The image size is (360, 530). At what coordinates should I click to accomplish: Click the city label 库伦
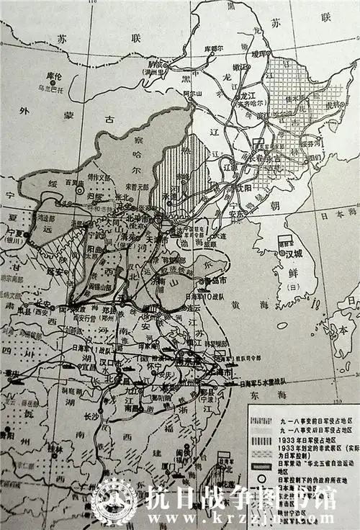pyautogui.click(x=51, y=76)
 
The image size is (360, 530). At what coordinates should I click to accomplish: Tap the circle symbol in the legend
pyautogui.click(x=260, y=467)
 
